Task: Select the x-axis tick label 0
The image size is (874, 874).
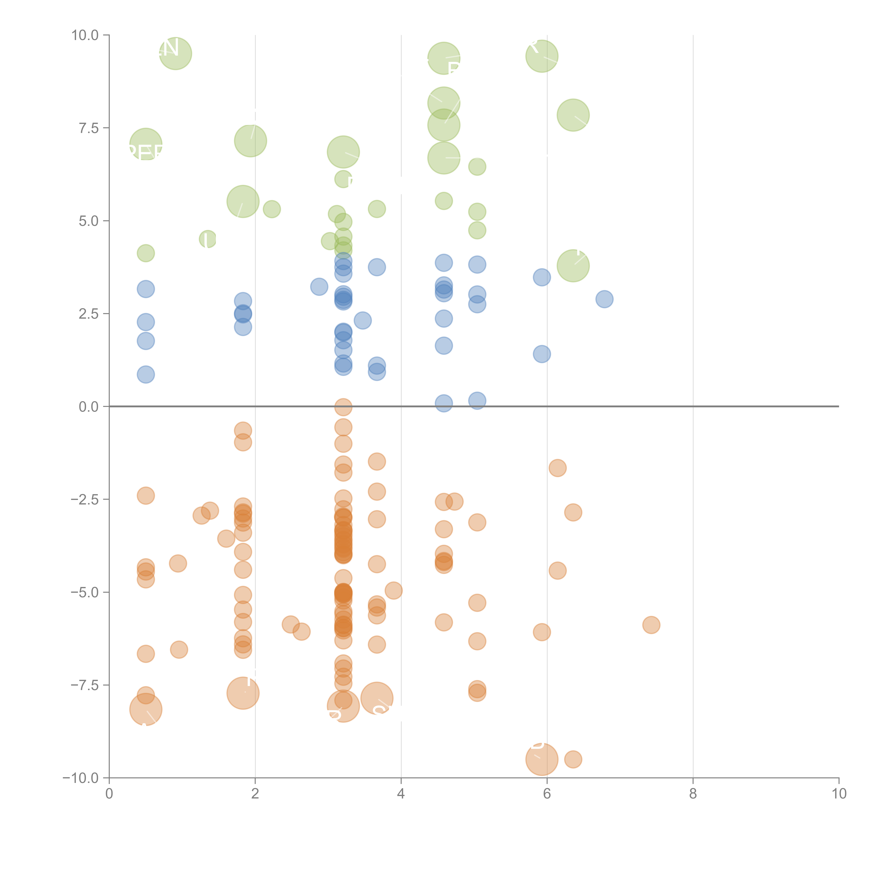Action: pos(109,793)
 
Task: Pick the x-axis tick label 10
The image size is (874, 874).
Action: pos(839,793)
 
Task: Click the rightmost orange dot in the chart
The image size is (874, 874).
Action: pos(651,625)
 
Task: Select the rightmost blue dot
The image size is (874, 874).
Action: pos(604,299)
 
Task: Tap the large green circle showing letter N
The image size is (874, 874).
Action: pos(175,54)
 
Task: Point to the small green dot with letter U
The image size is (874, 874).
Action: pos(208,239)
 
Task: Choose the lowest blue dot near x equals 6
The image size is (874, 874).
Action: pos(542,354)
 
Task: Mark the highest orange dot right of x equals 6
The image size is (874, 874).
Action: pos(557,468)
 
